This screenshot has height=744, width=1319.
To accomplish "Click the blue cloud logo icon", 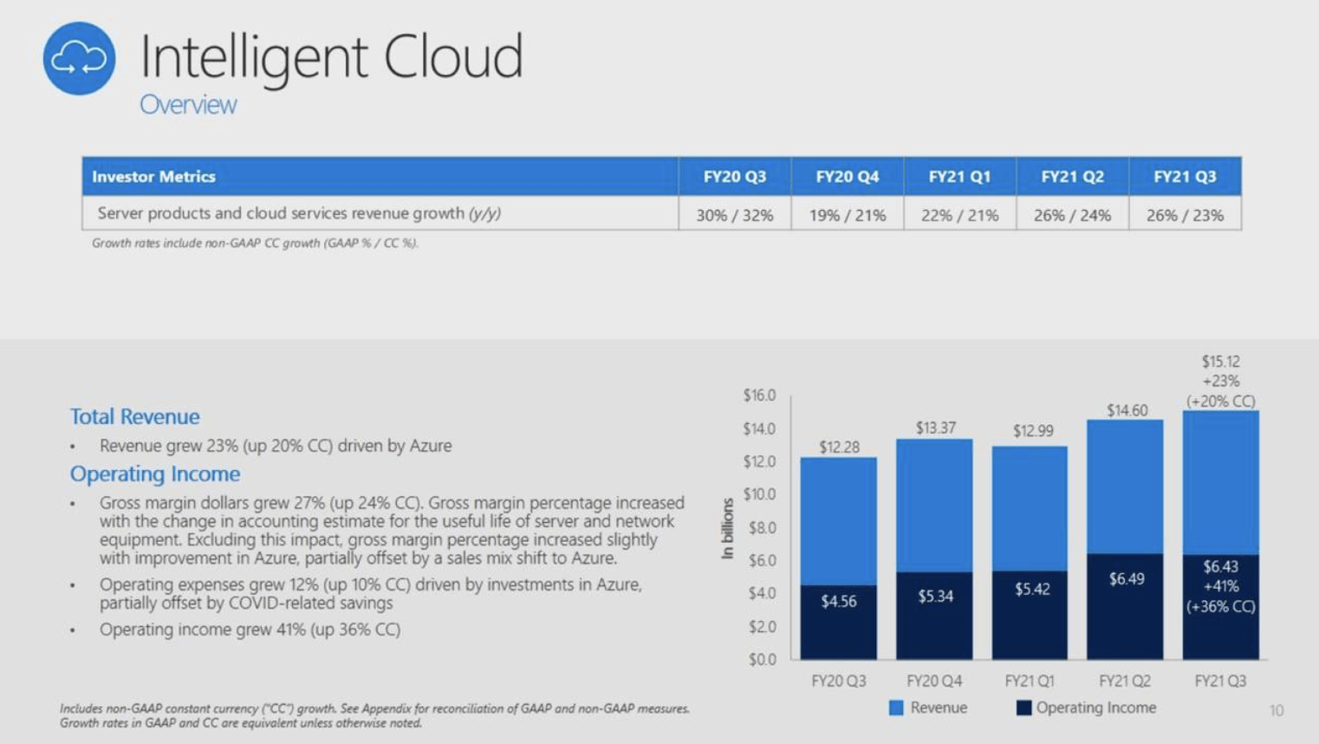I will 79,58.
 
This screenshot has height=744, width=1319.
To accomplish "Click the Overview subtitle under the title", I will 188,105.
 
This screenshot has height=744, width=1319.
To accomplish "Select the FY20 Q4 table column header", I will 847,177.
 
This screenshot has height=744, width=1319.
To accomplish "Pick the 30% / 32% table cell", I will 734,215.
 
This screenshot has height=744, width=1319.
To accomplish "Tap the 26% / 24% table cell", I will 1072,215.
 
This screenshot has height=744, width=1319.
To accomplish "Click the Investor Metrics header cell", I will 153,177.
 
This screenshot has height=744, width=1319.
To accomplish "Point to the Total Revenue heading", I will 134,417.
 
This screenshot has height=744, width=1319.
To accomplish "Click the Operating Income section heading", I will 154,474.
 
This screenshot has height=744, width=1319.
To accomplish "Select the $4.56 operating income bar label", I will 838,601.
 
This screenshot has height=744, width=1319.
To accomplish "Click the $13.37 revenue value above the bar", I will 935,427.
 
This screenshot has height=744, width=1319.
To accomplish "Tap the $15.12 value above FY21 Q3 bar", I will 1220,362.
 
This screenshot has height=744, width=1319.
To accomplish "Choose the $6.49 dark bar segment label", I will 1126,578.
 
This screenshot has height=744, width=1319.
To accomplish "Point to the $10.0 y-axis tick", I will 759,494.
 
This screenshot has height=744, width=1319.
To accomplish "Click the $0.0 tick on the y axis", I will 762,660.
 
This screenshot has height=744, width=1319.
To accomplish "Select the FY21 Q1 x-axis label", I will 1030,682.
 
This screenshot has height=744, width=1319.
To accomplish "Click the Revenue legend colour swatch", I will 896,708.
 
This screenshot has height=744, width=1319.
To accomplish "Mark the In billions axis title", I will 728,528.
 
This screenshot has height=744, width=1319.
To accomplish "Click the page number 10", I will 1276,711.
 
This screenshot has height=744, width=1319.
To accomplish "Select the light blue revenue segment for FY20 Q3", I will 838,520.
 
